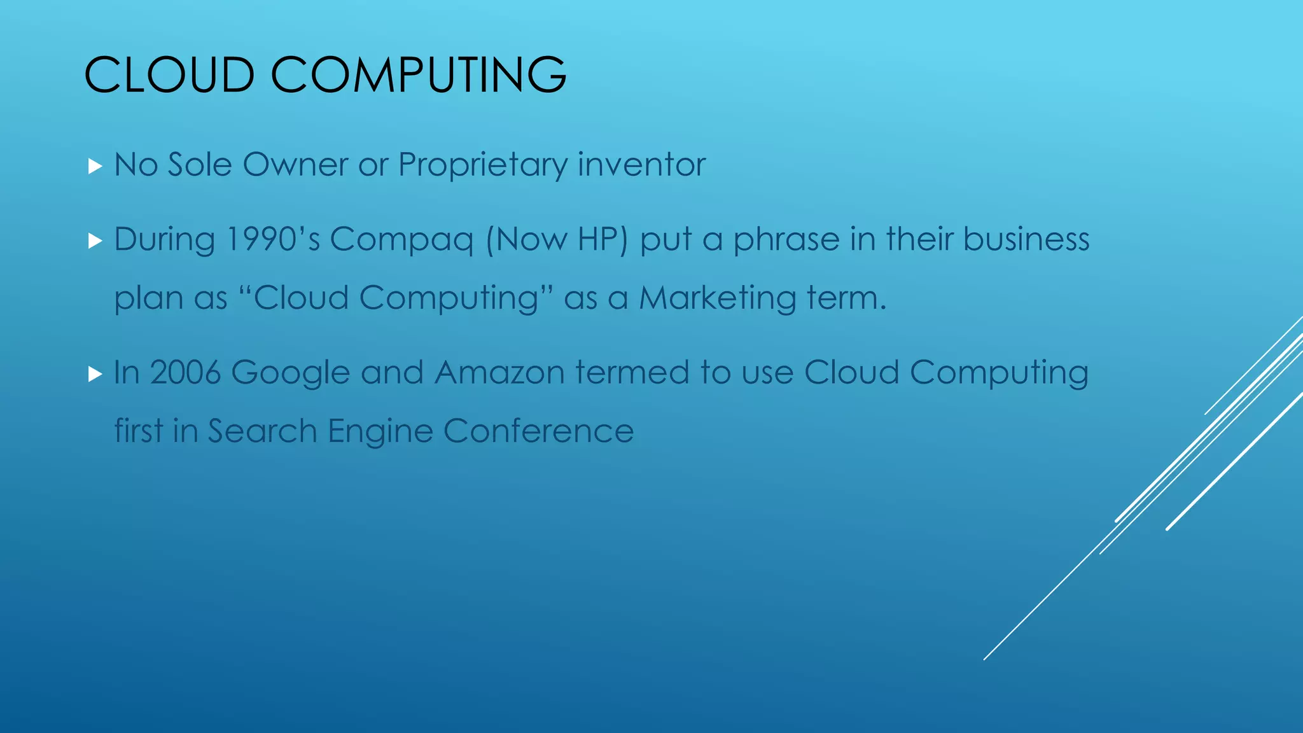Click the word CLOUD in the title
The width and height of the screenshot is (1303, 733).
[x=169, y=75]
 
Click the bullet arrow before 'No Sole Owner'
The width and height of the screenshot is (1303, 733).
[x=95, y=167]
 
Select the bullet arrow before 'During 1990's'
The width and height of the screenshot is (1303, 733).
[x=95, y=241]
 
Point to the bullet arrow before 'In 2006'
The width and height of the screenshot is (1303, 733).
[x=95, y=374]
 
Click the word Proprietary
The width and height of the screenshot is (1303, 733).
[x=482, y=165]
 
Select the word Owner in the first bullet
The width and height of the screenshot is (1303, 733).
[x=295, y=164]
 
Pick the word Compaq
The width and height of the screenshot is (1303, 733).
[x=401, y=241]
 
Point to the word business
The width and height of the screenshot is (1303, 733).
[x=1026, y=239]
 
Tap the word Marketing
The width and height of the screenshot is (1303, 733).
[x=717, y=298]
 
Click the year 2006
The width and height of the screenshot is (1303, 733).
[x=185, y=372]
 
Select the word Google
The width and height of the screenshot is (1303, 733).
[x=290, y=373]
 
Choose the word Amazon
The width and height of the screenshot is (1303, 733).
[x=499, y=372]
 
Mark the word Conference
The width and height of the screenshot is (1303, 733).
[x=538, y=431]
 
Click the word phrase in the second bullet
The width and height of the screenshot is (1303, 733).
[x=786, y=241]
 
